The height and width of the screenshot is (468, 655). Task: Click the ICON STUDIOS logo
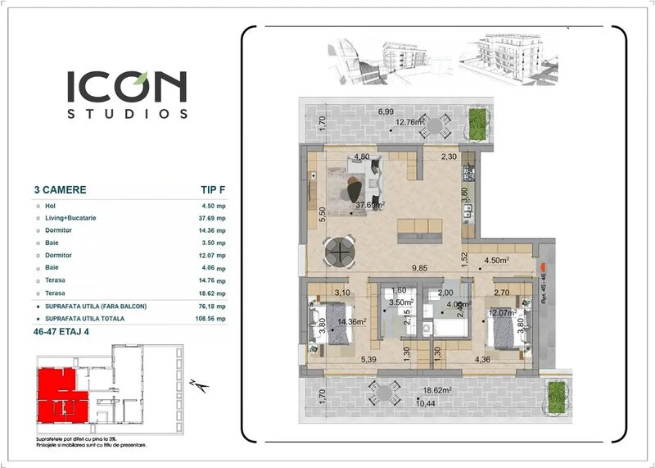pos(127,94)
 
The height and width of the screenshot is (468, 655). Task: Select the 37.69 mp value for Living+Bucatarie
pos(211,219)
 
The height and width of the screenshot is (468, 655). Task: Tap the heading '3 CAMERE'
pos(60,189)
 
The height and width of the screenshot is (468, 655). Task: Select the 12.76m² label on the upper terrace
pos(409,123)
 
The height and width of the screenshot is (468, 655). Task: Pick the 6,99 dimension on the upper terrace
pos(386,111)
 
